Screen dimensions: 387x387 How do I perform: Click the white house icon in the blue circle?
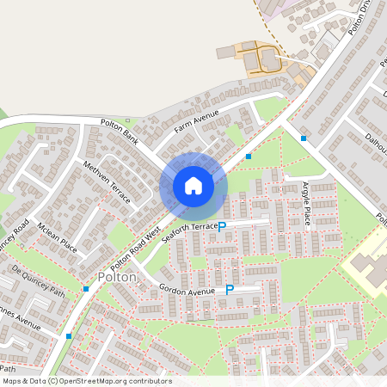click(193, 186)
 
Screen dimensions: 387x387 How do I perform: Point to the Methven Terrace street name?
click(107, 181)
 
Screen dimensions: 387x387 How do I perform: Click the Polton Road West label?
click(135, 246)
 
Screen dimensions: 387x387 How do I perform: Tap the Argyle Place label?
click(306, 205)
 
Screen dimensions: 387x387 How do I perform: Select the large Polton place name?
click(117, 277)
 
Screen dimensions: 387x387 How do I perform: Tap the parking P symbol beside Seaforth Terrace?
click(222, 227)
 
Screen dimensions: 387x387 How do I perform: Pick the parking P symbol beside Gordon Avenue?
click(230, 291)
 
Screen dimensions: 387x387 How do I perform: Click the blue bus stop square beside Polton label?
click(87, 290)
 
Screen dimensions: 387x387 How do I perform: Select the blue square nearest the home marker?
click(249, 157)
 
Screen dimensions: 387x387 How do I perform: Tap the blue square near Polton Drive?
click(304, 138)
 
